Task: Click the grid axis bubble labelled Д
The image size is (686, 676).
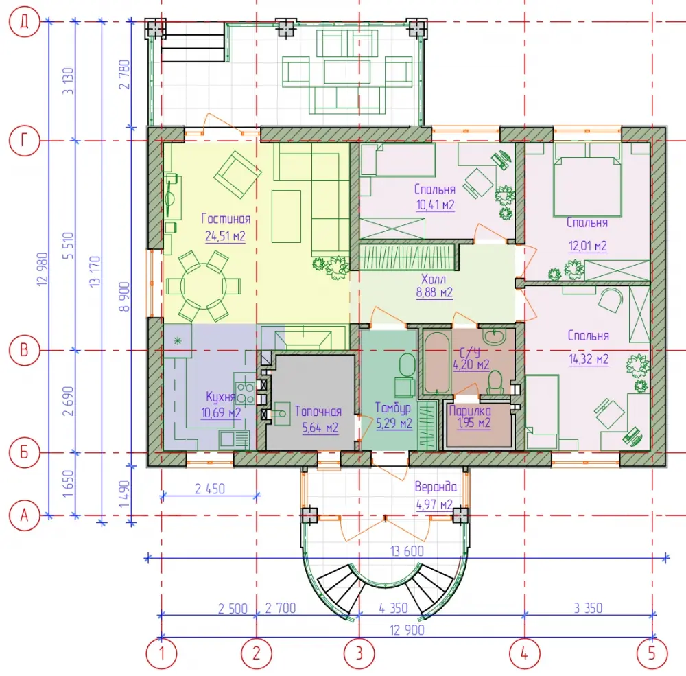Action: tap(25, 21)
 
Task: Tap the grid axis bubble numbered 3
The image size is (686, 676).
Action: tap(359, 653)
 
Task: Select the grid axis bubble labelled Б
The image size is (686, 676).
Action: tap(25, 452)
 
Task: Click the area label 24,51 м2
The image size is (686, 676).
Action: tap(225, 236)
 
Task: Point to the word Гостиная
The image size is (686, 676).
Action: tap(226, 218)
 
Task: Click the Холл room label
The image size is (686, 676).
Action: tap(434, 279)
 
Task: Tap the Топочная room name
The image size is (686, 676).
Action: tap(318, 411)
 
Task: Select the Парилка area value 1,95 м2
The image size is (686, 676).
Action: tap(474, 423)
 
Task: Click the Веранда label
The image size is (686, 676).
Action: tap(436, 487)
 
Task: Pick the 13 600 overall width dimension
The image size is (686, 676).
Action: tap(407, 551)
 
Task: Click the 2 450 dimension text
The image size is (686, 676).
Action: tap(210, 489)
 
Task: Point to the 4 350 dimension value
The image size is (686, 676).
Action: tap(393, 607)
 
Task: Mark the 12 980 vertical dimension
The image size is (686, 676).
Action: tap(43, 269)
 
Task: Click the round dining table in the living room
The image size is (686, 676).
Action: tap(204, 286)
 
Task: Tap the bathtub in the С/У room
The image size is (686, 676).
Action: tap(436, 363)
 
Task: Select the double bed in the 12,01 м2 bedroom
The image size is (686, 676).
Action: tap(587, 180)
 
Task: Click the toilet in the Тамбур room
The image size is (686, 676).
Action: tap(407, 365)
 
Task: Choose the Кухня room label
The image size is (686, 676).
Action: tap(221, 397)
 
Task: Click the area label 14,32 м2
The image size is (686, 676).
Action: tap(589, 359)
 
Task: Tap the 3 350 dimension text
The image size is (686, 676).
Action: tap(588, 607)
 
